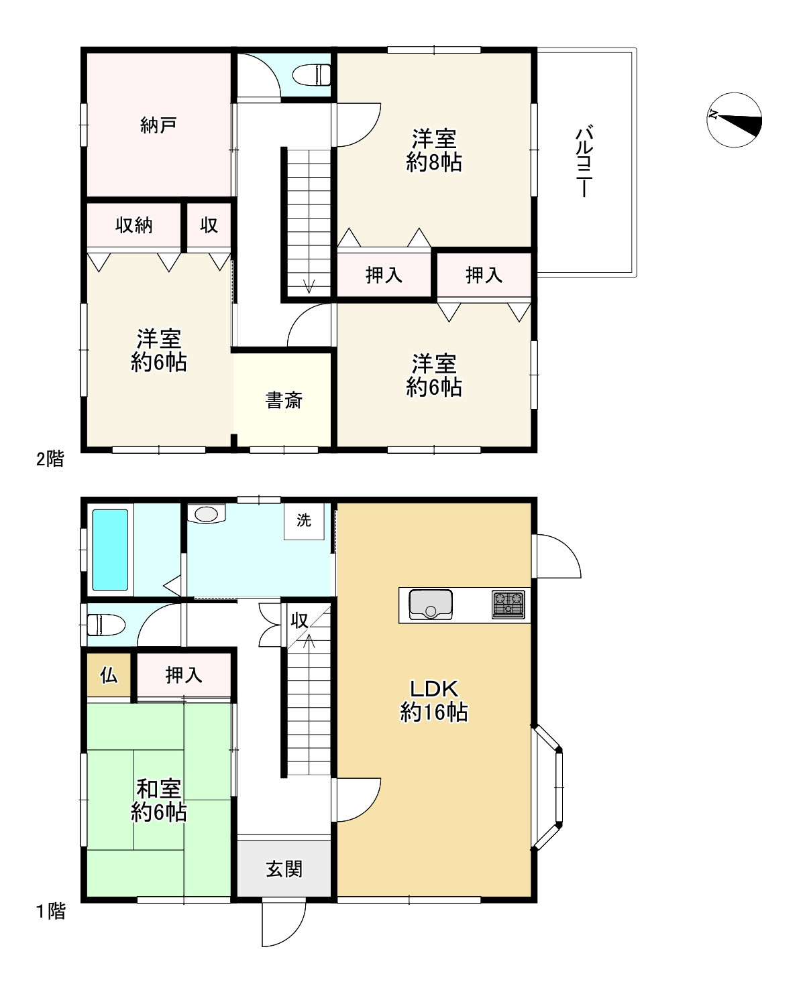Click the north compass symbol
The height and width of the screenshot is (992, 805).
point(734,120)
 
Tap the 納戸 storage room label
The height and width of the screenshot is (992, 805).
point(158,125)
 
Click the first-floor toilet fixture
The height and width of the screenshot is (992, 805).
point(106,625)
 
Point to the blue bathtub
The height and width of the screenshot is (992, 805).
point(110,550)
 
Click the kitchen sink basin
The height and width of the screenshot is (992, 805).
point(430,605)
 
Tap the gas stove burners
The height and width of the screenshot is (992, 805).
point(508,604)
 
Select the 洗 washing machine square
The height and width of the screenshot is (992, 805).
point(304,521)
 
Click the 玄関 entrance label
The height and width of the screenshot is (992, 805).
point(284,869)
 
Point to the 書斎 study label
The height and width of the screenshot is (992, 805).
point(284,400)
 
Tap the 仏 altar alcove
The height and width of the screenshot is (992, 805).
point(109,675)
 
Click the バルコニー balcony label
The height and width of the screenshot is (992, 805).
point(584,161)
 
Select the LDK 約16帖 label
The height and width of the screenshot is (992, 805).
point(434,701)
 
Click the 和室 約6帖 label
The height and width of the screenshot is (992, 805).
point(158,800)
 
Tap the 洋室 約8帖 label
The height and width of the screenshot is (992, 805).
point(434,151)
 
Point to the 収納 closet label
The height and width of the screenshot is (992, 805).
point(133,225)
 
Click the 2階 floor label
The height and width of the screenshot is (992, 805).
point(50,459)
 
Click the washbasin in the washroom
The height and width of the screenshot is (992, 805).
point(207,514)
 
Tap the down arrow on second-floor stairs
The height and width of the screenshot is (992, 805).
point(309,286)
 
